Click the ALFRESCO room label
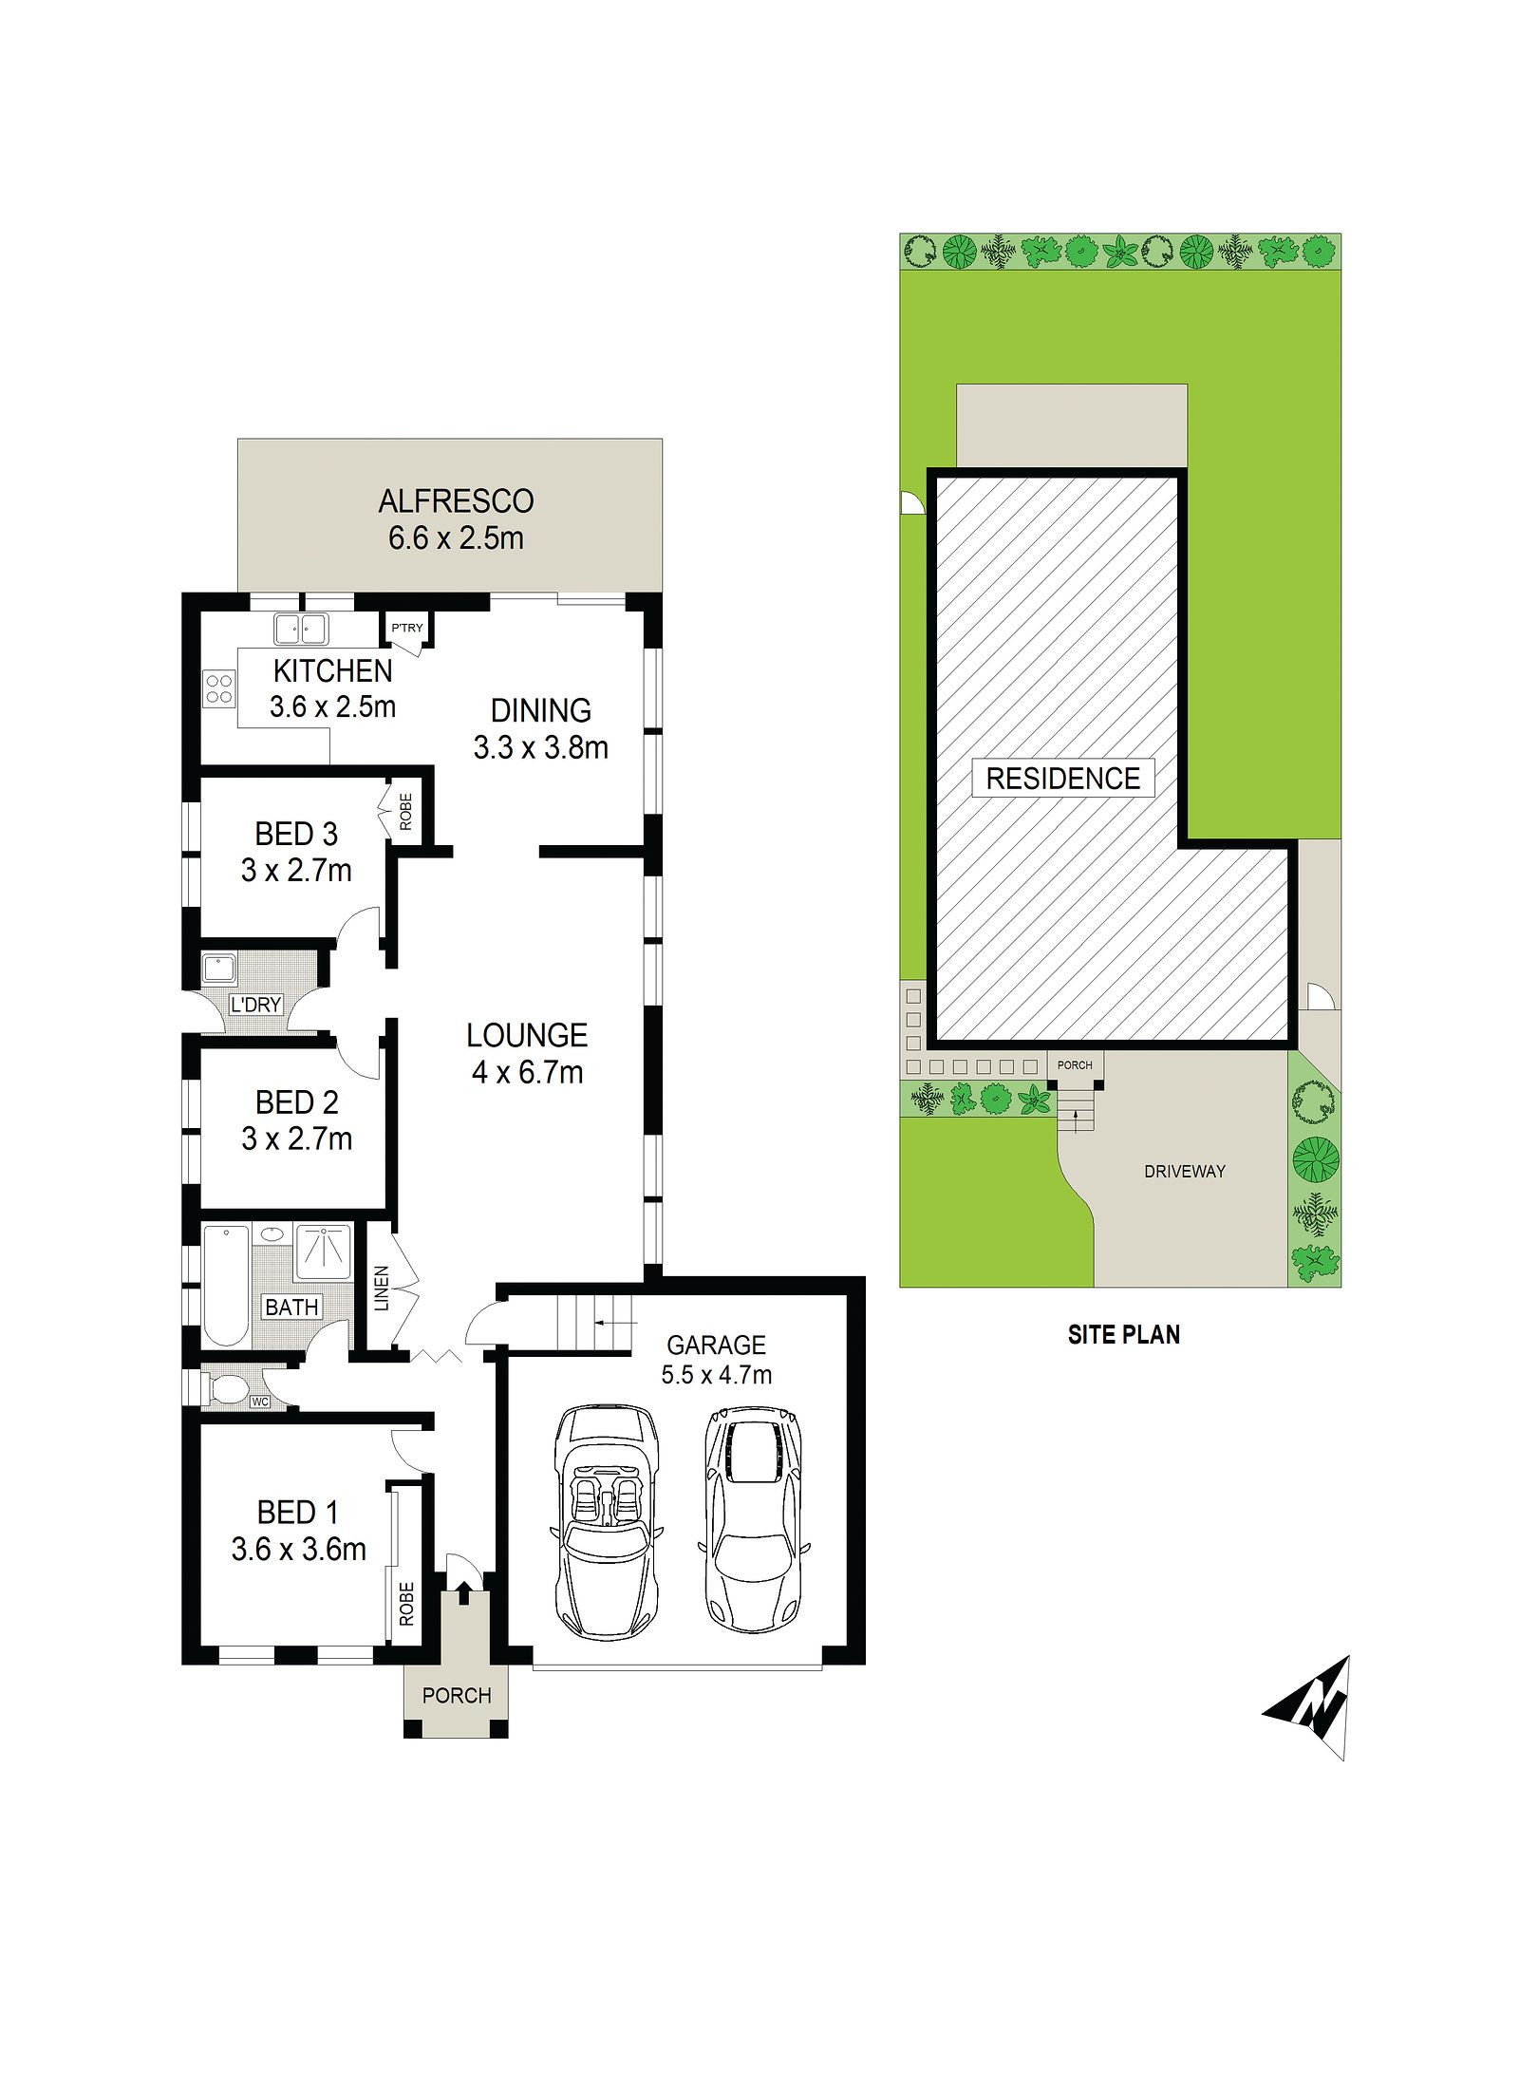click(x=456, y=501)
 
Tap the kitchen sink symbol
click(x=301, y=629)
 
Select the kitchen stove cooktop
click(x=219, y=688)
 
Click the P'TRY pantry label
click(x=407, y=628)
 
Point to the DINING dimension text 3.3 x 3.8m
click(x=541, y=747)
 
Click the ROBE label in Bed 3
click(x=406, y=812)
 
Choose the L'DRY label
click(x=256, y=1004)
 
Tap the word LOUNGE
click(x=527, y=1035)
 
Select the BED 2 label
click(x=297, y=1102)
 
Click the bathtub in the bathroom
click(x=226, y=1286)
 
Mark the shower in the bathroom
click(x=323, y=1252)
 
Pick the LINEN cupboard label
click(x=382, y=1288)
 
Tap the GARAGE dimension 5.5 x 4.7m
click(x=717, y=1374)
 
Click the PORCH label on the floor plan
click(x=457, y=1695)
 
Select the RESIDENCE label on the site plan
click(x=1063, y=778)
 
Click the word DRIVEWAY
click(x=1185, y=1171)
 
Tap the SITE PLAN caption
click(x=1124, y=1334)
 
